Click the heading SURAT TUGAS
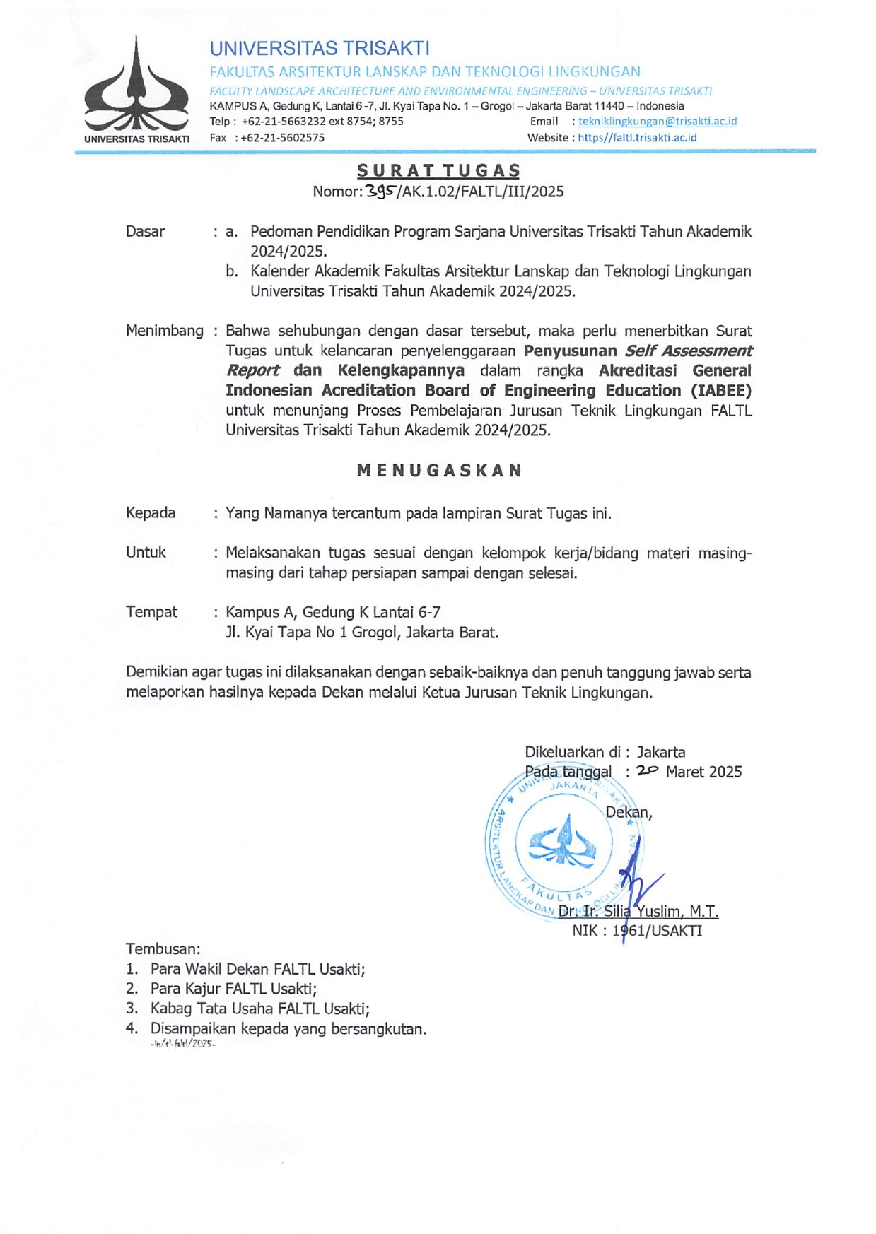point(438,170)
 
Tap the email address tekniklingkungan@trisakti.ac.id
point(657,122)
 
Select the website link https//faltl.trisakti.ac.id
point(637,138)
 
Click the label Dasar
point(145,232)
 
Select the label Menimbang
point(164,331)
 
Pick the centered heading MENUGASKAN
point(439,471)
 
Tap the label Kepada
point(151,513)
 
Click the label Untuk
point(146,553)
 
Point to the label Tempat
point(151,612)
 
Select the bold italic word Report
point(252,371)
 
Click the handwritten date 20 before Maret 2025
point(646,771)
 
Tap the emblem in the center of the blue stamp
point(563,841)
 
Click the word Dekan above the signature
point(626,813)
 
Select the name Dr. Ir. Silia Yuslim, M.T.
point(638,912)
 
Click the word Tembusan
point(163,949)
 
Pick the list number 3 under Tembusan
point(132,1009)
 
